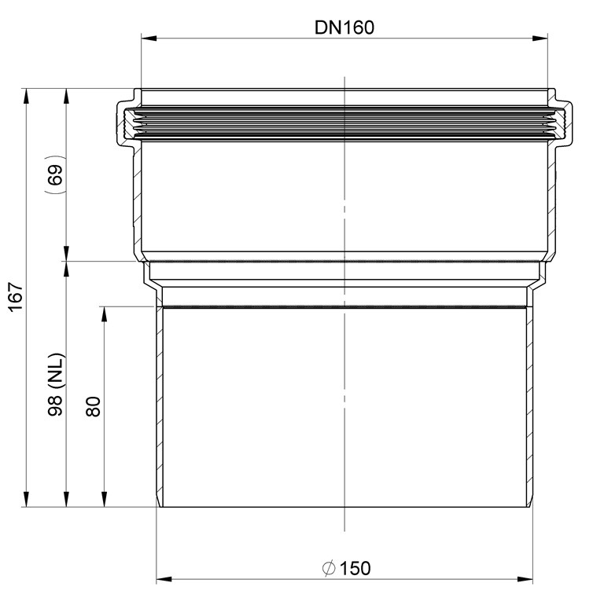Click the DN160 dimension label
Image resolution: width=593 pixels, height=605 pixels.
pyautogui.click(x=344, y=27)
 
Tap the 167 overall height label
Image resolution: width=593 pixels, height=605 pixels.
pyautogui.click(x=17, y=297)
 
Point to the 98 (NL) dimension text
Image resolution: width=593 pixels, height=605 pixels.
pyautogui.click(x=57, y=384)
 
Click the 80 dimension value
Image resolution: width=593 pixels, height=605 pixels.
pyautogui.click(x=93, y=407)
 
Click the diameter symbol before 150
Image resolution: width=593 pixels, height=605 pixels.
pyautogui.click(x=329, y=568)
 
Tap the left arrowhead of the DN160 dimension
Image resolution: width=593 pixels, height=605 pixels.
pyautogui.click(x=149, y=38)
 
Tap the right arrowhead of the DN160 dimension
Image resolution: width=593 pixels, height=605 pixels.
pyautogui.click(x=540, y=38)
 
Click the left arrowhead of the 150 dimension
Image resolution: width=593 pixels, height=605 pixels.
pyautogui.click(x=164, y=580)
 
